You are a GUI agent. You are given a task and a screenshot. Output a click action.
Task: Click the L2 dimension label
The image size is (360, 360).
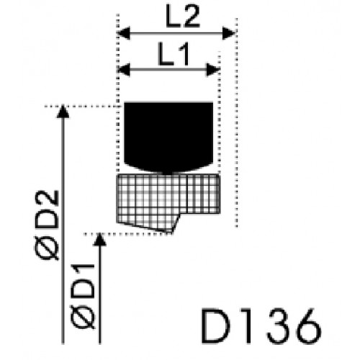pyautogui.click(x=183, y=17)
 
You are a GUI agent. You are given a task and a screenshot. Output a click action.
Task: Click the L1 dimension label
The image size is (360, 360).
pyautogui.click(x=174, y=55)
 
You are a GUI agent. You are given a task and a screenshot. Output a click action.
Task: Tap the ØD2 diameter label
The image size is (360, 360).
pyautogui.click(x=46, y=225)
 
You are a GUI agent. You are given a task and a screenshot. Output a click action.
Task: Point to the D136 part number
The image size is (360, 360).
pyautogui.click(x=261, y=326)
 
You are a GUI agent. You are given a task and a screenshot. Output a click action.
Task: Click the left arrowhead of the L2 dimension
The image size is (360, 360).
pyautogui.click(x=123, y=33)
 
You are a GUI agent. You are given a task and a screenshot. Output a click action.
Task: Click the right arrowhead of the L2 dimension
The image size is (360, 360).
pyautogui.click(x=229, y=33)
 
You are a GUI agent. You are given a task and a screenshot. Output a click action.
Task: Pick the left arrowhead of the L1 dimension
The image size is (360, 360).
pyautogui.click(x=124, y=70)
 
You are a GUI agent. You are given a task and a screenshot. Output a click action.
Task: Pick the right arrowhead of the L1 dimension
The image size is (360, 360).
pyautogui.click(x=212, y=70)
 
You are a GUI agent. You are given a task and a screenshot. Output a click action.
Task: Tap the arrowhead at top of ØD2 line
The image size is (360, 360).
pyautogui.click(x=63, y=112)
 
